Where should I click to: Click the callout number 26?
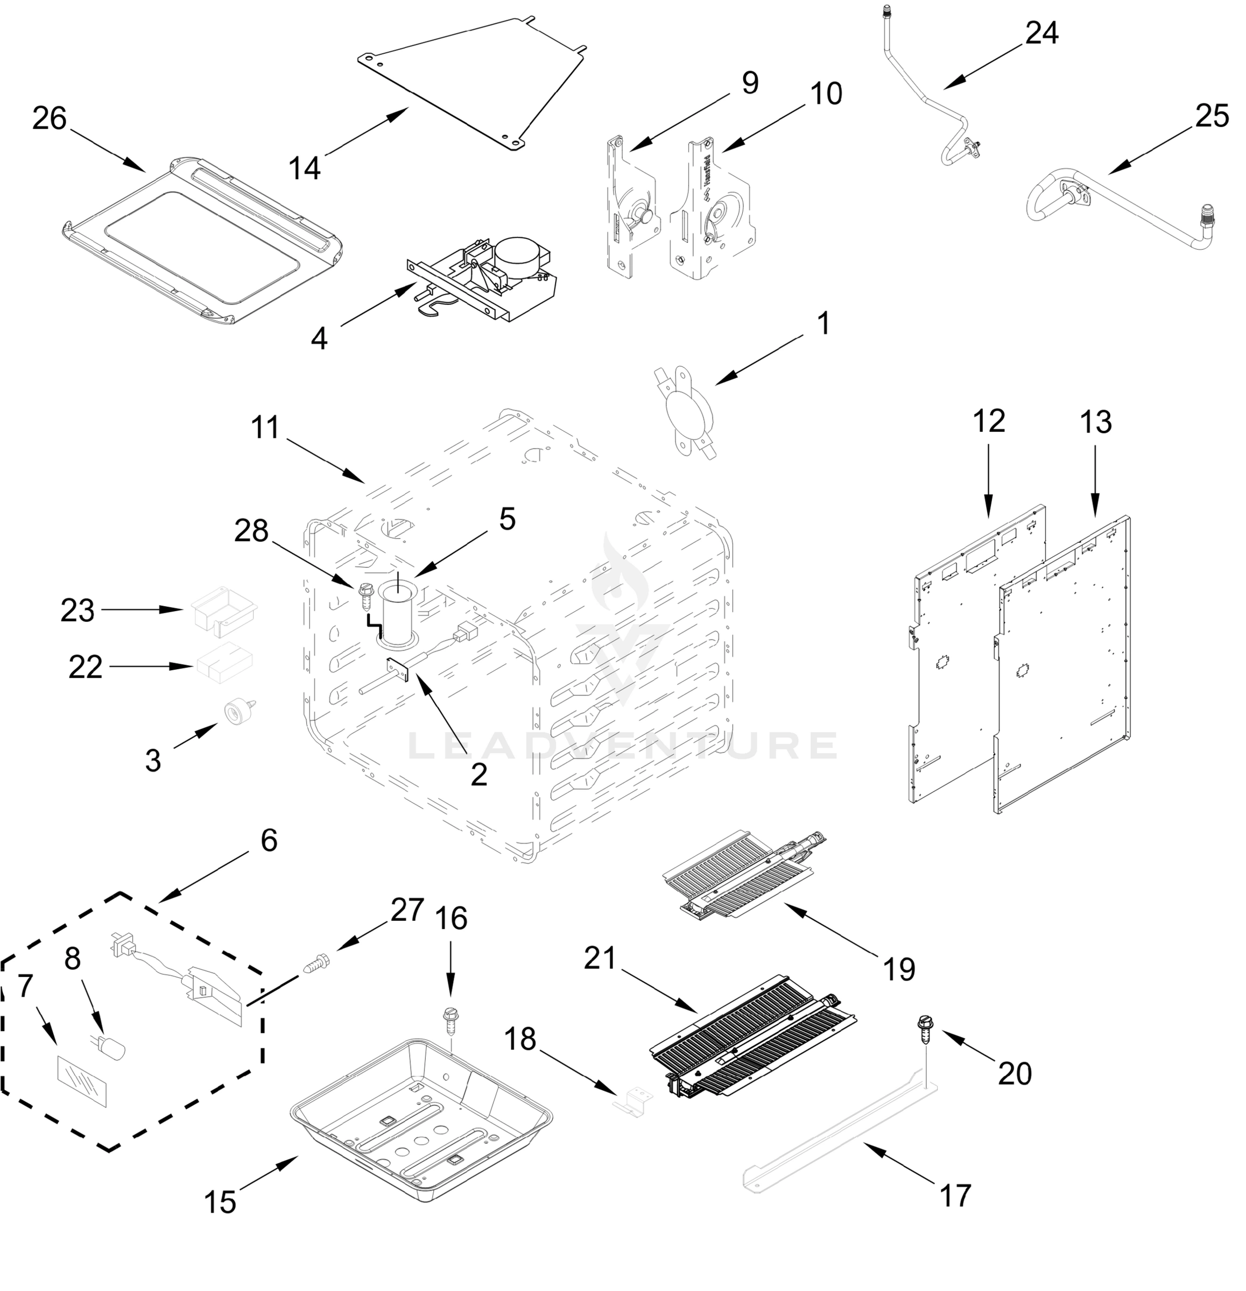[50, 118]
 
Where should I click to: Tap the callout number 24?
[1041, 32]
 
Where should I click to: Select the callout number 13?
[1095, 422]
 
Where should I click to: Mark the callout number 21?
[599, 959]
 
